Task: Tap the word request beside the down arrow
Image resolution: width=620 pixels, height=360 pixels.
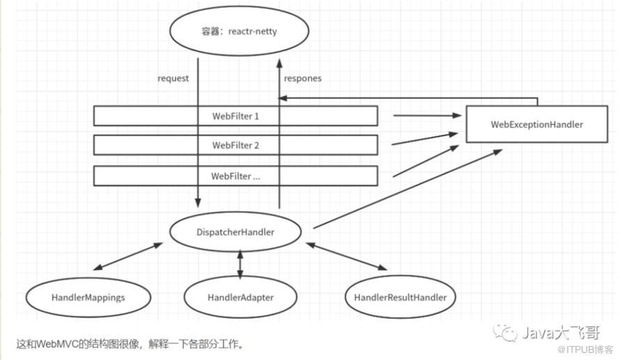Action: click(173, 78)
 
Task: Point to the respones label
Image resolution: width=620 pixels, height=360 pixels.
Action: click(302, 78)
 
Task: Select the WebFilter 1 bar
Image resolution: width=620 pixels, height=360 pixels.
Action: click(235, 116)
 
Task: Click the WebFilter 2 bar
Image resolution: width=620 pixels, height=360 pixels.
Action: click(235, 145)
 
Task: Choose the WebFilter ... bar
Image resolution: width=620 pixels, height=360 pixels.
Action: click(235, 175)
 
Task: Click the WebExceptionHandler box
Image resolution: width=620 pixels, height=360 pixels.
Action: click(536, 125)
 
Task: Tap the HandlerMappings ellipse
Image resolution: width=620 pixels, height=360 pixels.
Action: click(88, 297)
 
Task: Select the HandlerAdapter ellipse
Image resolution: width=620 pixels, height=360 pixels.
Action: click(240, 297)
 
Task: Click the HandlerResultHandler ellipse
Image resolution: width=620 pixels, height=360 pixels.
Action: click(400, 297)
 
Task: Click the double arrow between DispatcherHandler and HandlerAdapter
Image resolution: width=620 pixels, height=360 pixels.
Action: click(240, 265)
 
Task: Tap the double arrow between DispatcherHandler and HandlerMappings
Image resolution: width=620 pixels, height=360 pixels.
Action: click(128, 256)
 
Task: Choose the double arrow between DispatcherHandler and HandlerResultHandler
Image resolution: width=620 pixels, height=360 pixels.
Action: click(346, 256)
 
